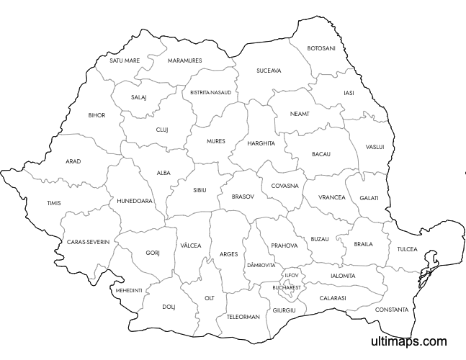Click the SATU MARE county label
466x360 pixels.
(125, 60)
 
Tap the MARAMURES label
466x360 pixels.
(184, 60)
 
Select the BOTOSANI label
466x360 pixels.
(321, 48)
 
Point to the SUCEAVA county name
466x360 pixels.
(269, 71)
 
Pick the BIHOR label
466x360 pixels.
(97, 115)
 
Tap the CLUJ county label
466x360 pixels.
(162, 130)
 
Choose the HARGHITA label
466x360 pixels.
(261, 143)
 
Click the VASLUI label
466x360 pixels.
(375, 147)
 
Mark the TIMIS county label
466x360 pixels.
(54, 204)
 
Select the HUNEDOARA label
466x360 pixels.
(135, 201)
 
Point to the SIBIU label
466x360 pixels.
(200, 190)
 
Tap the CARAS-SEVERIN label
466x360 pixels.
(88, 243)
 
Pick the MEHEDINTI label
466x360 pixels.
(128, 290)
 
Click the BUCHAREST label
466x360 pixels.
(287, 287)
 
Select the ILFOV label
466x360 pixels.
(291, 275)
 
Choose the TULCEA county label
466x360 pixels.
(407, 249)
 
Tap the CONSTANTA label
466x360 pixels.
(391, 310)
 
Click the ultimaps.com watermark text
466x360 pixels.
(408, 341)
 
